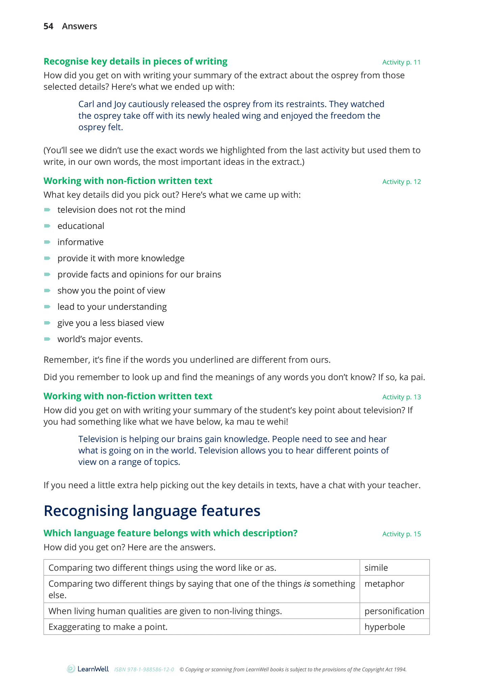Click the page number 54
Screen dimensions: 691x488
coord(48,26)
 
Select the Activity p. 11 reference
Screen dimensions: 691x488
coord(402,62)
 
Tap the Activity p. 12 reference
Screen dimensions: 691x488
coord(402,182)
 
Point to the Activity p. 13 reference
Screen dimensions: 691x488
coord(402,397)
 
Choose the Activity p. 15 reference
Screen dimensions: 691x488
coord(402,534)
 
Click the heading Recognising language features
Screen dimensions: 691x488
coord(152,510)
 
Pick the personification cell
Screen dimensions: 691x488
coord(394,611)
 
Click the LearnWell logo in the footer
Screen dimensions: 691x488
coord(88,669)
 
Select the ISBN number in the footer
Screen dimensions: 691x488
coord(144,669)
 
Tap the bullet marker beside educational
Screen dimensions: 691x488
coord(47,226)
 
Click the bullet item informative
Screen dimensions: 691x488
coord(80,242)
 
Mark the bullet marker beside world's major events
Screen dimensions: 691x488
coord(47,339)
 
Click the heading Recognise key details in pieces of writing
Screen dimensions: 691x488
coord(135,62)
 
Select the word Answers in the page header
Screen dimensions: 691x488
coord(79,26)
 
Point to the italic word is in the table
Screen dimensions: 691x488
coord(307,584)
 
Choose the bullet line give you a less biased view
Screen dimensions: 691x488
coord(110,323)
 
